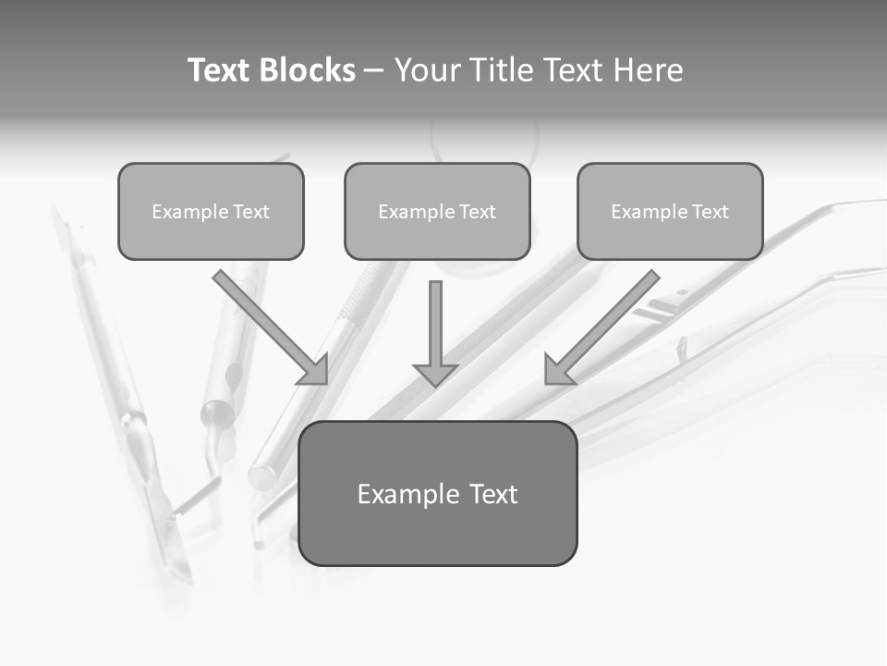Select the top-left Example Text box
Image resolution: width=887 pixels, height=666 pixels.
[x=211, y=211]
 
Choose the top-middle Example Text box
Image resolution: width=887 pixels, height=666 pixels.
[x=437, y=211]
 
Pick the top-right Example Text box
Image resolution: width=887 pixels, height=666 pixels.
[x=670, y=211]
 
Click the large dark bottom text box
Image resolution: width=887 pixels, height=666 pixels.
[x=438, y=493]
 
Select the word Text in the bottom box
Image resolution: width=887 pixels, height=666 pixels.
[x=492, y=494]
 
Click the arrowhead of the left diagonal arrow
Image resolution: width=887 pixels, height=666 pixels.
[x=314, y=370]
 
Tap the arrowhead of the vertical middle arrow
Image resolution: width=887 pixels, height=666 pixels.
[x=435, y=373]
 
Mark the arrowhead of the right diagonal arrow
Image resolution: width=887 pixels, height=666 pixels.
[x=558, y=370]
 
